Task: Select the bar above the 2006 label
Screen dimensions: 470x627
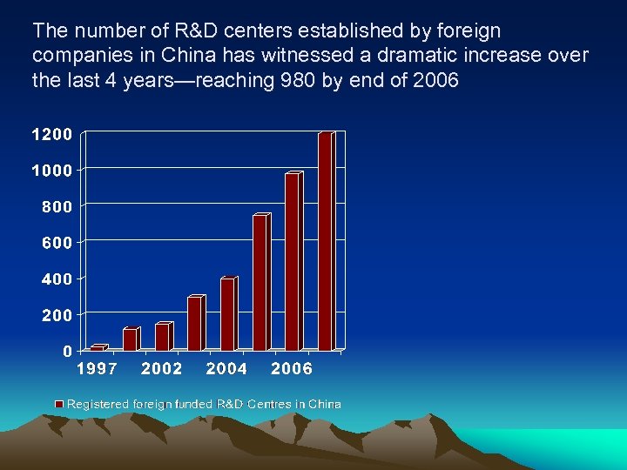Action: point(292,262)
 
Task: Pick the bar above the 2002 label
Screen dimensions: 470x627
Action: point(162,337)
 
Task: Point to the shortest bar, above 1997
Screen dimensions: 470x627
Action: point(97,348)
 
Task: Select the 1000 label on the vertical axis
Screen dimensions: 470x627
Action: point(52,171)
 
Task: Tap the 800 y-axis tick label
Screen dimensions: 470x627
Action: point(57,206)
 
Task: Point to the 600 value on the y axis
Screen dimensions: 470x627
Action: point(57,243)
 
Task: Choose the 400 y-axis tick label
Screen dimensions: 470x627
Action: point(57,279)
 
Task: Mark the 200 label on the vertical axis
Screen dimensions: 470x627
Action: point(57,314)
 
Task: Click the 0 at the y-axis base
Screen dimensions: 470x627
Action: point(67,351)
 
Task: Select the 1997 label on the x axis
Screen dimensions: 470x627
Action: point(97,369)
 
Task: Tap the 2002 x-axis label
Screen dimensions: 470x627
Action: point(162,369)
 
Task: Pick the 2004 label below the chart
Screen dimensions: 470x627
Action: point(226,369)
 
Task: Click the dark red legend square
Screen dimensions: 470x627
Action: point(60,404)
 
